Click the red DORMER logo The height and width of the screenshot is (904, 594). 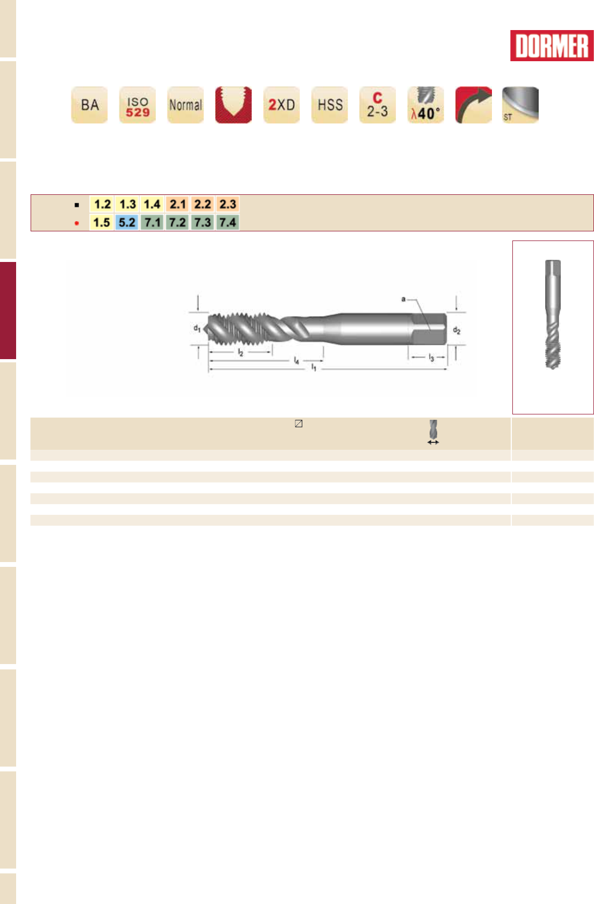pos(552,46)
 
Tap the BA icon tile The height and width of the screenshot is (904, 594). pos(89,105)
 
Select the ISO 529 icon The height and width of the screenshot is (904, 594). pos(137,105)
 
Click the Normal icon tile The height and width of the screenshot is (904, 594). pos(185,105)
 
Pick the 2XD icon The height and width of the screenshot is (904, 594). pos(281,105)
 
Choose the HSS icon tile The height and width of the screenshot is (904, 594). pos(330,105)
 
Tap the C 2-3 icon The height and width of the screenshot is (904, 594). pos(378,105)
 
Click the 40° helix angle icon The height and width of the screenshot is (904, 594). pos(425,105)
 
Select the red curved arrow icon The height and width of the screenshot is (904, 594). pos(474,105)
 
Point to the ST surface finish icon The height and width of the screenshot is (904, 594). pos(520,105)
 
